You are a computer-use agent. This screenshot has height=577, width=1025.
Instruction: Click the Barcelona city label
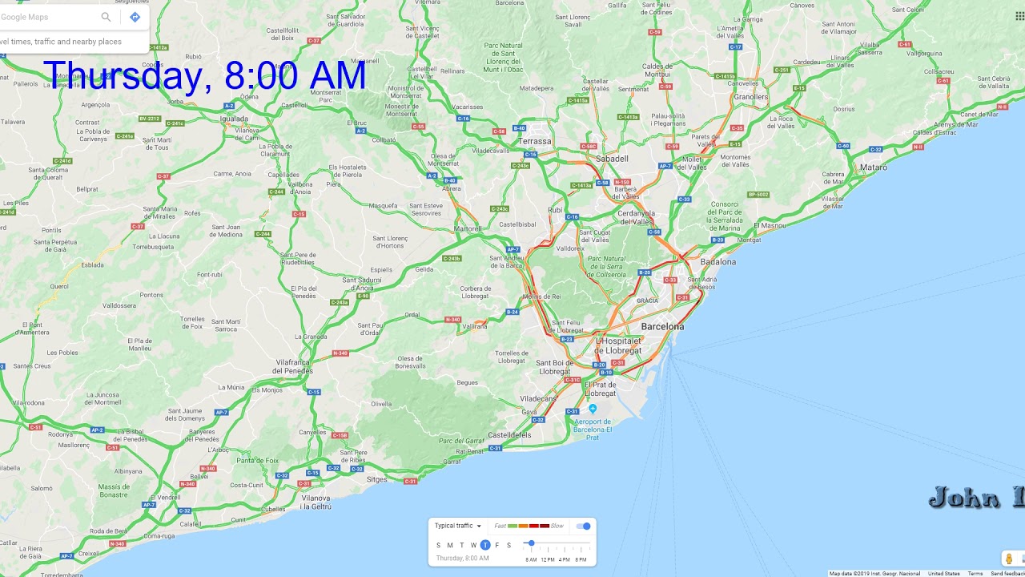[x=662, y=327]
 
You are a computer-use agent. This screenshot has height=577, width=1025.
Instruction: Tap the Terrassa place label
[x=534, y=141]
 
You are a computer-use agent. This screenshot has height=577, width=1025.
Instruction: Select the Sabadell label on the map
[x=612, y=159]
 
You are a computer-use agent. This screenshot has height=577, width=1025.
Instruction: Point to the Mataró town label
[x=874, y=167]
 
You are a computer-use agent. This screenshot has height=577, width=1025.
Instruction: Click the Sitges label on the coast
[x=376, y=480]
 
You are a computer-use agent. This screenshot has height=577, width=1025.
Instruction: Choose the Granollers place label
[x=751, y=97]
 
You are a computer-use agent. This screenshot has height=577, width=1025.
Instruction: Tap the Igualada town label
[x=235, y=119]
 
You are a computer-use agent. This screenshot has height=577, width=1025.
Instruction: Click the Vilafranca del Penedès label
[x=305, y=366]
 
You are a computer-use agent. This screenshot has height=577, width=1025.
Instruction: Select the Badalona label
[x=717, y=262]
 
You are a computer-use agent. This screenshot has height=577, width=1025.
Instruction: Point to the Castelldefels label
[x=509, y=435]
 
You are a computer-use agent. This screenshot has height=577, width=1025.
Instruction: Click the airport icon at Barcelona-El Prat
[x=593, y=409]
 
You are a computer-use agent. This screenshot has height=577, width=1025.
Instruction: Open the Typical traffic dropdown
[x=458, y=526]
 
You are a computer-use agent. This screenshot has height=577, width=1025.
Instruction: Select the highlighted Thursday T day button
[x=485, y=545]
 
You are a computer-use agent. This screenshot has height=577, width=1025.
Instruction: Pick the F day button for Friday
[x=496, y=545]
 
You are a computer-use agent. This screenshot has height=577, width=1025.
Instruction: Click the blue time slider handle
[x=531, y=543]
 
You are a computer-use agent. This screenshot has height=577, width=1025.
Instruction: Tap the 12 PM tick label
[x=548, y=559]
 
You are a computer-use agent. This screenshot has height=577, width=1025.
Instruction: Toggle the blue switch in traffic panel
[x=584, y=526]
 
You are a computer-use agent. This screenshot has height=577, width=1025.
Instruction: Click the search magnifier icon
[x=106, y=17]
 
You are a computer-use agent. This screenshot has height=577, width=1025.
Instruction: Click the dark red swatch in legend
[x=545, y=526]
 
